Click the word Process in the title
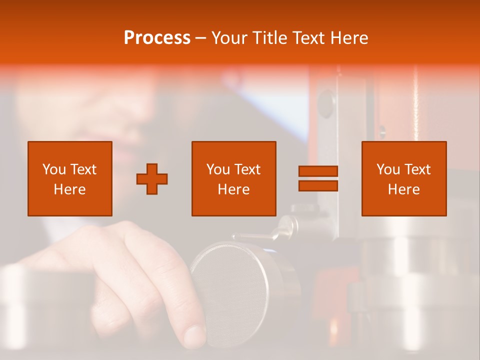157,38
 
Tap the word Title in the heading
270,38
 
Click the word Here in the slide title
350,38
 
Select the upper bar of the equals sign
318,171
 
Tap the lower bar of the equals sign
318,186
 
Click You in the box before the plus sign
54,169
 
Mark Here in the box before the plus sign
69,189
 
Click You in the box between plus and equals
218,169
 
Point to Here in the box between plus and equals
233,189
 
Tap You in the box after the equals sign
388,169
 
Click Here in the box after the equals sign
403,189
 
